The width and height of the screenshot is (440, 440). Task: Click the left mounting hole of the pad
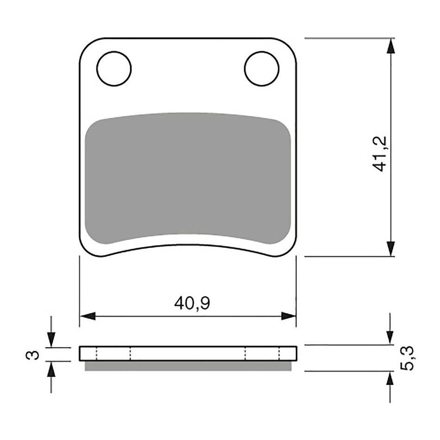[x=114, y=69]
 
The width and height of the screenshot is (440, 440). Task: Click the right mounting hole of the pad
[x=262, y=69]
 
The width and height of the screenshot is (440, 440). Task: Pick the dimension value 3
[x=32, y=355]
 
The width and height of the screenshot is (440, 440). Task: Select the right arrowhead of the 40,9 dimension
[x=289, y=316]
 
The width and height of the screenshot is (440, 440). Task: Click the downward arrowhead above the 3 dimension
[x=51, y=340]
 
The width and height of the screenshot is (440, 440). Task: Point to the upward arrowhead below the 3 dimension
[x=51, y=369]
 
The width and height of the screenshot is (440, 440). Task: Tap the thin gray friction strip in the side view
[x=188, y=366]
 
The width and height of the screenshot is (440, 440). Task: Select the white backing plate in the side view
[x=188, y=354]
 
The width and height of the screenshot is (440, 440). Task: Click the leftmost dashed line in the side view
[x=96, y=354]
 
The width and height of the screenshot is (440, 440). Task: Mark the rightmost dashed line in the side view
[x=279, y=354]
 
